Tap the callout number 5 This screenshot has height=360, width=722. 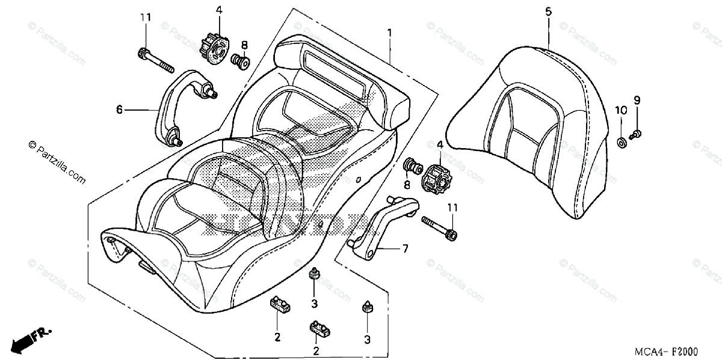548,11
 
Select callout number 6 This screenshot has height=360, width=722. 119,109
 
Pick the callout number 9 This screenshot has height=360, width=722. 637,100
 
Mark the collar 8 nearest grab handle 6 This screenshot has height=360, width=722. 242,61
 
